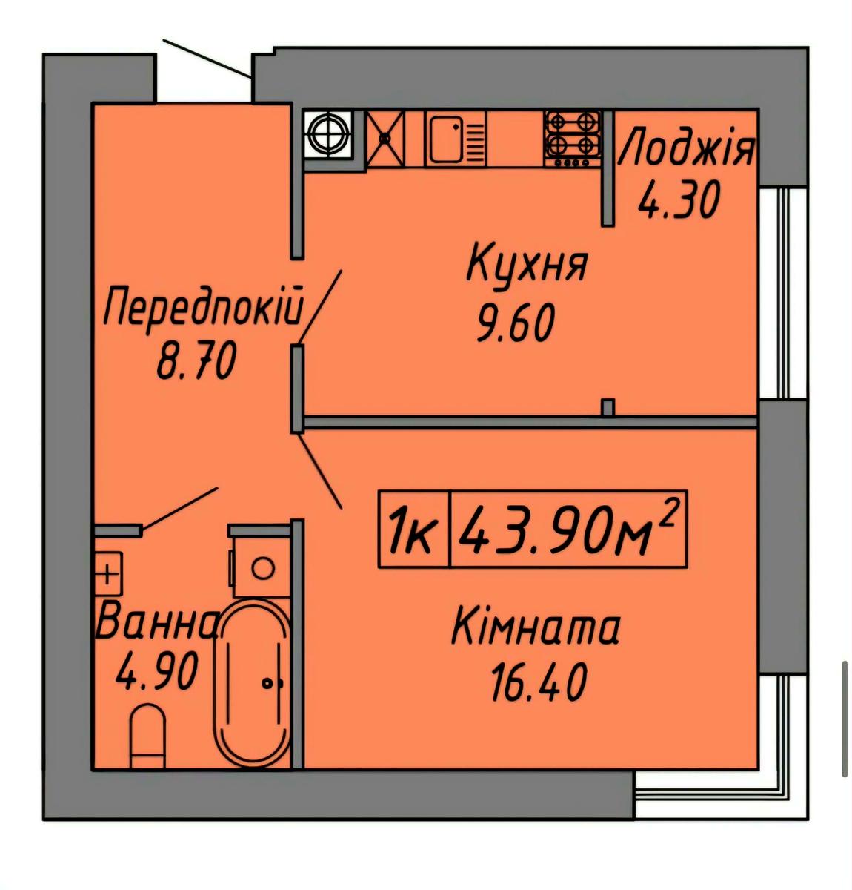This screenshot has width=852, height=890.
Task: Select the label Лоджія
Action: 685,147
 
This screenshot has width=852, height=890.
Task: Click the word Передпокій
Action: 203,305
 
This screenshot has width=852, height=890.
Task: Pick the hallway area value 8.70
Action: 196,362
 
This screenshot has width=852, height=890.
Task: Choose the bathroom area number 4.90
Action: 157,671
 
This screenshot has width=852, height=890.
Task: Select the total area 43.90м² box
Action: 568,529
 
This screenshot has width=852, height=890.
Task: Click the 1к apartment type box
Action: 414,529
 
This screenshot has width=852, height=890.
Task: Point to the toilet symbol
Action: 147,736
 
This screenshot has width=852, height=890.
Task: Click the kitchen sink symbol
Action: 456,139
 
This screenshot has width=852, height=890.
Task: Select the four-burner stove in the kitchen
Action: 571,139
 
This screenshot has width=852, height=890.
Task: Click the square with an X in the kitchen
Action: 386,138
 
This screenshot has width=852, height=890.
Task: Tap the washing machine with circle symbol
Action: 262,567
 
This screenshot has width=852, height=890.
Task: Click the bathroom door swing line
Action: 179,509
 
